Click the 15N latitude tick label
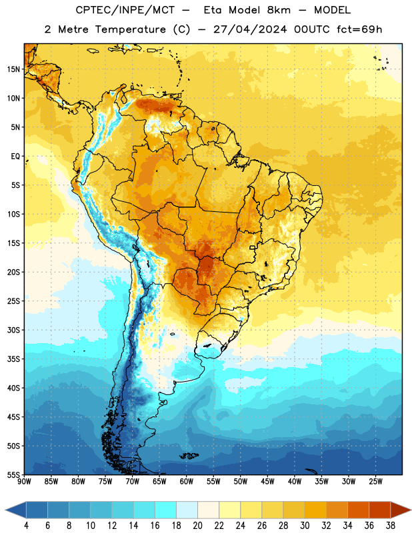(13, 69)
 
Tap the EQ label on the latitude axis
(15, 157)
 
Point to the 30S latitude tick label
(13, 330)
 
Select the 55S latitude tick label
(13, 475)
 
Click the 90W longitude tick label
(24, 482)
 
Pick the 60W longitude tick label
(187, 482)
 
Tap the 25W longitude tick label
(375, 482)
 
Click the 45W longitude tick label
(267, 482)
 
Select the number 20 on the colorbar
(197, 526)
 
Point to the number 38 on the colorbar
(391, 526)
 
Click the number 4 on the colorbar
(26, 526)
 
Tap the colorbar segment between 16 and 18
(165, 510)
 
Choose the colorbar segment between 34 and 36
(358, 510)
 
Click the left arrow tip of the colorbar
(5, 510)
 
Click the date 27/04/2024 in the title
(250, 29)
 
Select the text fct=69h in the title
(359, 29)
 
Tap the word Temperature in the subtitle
(130, 30)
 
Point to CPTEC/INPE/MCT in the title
(125, 10)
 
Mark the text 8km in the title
(279, 10)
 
